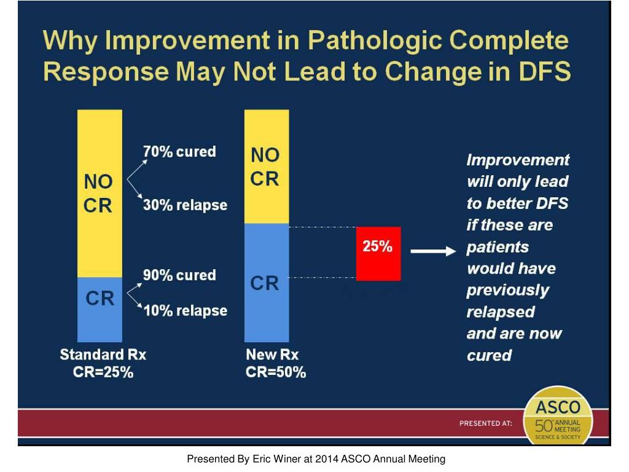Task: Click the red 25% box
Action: click(378, 253)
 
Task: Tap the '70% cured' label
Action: click(179, 151)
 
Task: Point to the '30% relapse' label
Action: click(185, 205)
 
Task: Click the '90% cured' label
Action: click(179, 275)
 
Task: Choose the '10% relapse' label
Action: click(185, 310)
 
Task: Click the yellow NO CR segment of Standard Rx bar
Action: click(100, 193)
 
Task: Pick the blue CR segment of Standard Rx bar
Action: click(100, 309)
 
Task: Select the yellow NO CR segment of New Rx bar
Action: click(267, 166)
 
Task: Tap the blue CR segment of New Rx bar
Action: click(267, 283)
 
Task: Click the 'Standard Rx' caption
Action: click(103, 355)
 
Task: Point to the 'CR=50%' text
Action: click(276, 372)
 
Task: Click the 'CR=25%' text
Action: click(103, 372)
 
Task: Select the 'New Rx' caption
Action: click(272, 355)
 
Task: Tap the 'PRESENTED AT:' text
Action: click(486, 423)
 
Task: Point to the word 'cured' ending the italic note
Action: click(490, 355)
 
